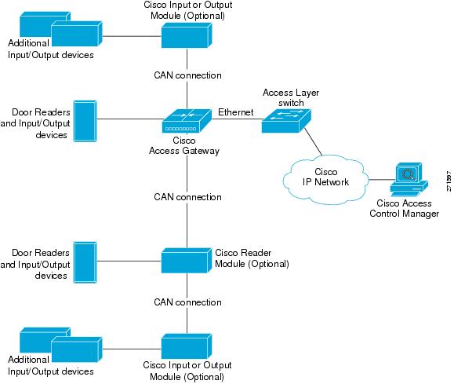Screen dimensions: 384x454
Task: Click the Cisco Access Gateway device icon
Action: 186,121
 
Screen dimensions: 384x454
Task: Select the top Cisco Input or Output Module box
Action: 186,35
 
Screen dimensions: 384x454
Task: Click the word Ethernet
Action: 235,112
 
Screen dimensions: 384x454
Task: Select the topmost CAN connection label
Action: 187,75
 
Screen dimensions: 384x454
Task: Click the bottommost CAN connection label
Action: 187,302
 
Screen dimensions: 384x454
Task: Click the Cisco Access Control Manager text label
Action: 404,209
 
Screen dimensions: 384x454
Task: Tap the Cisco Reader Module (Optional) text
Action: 252,258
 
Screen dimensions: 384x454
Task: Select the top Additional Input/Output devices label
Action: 50,49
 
